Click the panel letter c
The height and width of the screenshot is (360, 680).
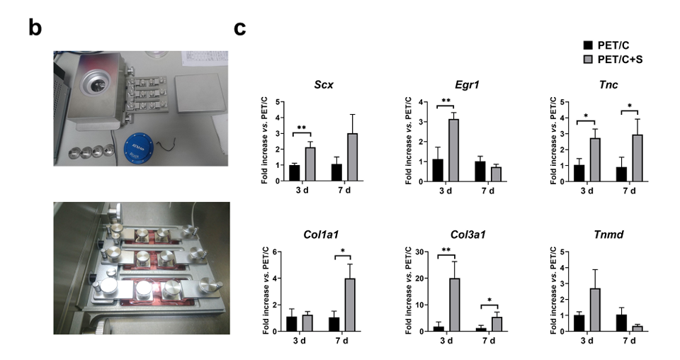(241, 28)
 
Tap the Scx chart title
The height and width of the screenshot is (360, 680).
(325, 86)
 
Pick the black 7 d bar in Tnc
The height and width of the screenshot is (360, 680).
(621, 174)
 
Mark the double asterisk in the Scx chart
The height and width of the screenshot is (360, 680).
(302, 128)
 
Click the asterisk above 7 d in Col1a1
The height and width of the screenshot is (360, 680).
(342, 252)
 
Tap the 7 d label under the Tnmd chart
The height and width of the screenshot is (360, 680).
(628, 342)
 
